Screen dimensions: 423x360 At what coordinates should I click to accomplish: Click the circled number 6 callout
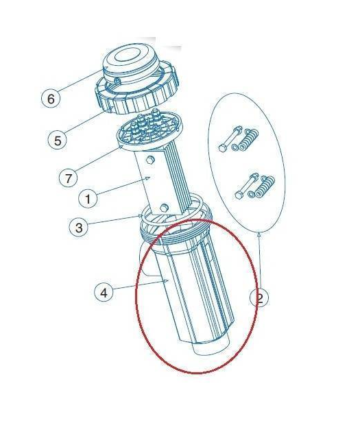tap(50, 99)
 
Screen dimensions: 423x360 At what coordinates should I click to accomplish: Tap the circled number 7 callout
tap(67, 178)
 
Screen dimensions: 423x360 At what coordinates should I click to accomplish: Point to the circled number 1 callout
tap(87, 200)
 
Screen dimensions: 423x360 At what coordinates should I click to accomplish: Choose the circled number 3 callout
tap(80, 228)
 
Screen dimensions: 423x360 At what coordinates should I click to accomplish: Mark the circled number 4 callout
tap(104, 293)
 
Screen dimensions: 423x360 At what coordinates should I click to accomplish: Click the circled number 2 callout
tap(261, 298)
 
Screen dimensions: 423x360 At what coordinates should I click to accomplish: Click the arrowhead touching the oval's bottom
tap(260, 235)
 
